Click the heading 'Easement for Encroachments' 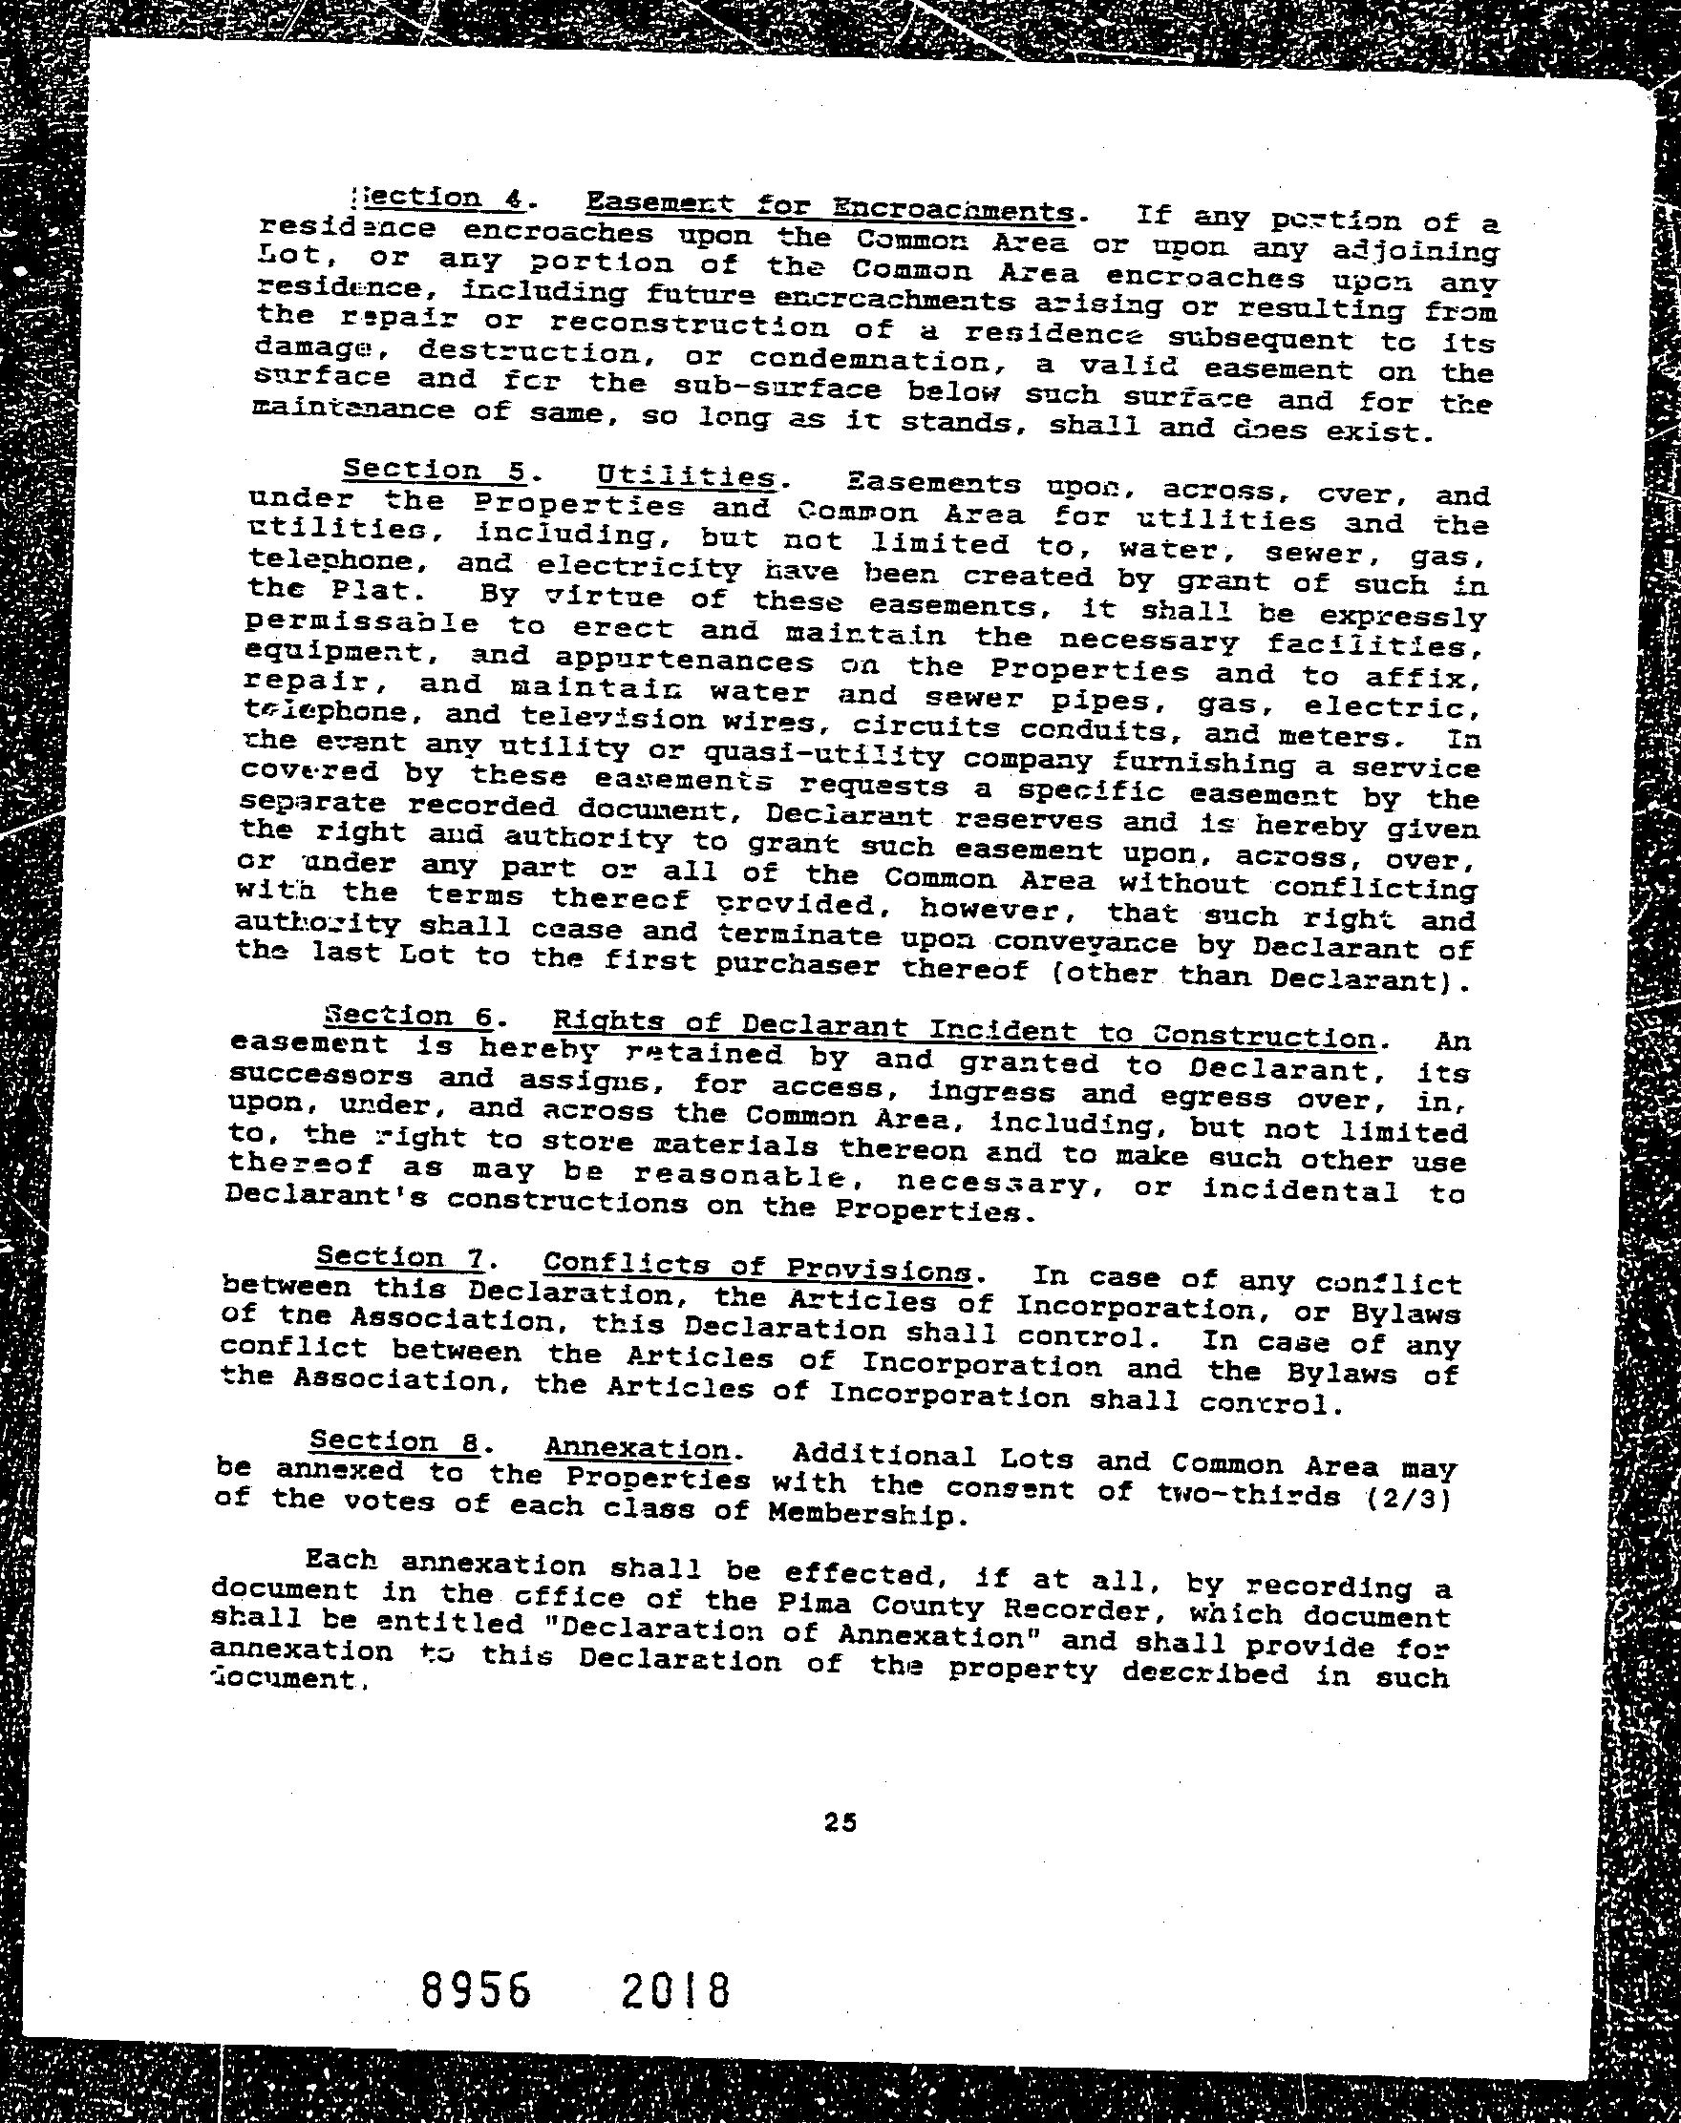tap(829, 207)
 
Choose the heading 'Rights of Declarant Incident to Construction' tap(964, 1029)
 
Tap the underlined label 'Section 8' tap(394, 1440)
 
